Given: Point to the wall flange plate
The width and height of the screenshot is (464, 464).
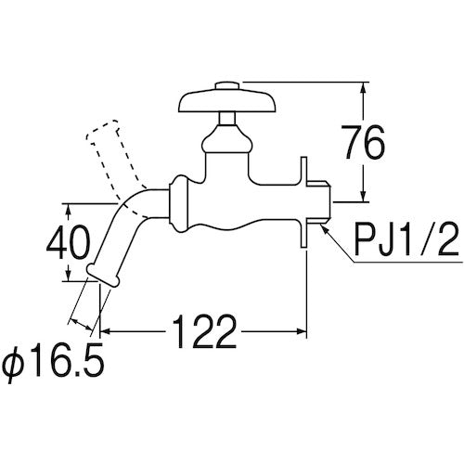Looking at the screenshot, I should pyautogui.click(x=304, y=203).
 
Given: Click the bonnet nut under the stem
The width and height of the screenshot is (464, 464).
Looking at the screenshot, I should pyautogui.click(x=226, y=141).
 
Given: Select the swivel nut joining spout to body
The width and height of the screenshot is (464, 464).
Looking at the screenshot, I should pyautogui.click(x=179, y=206).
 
